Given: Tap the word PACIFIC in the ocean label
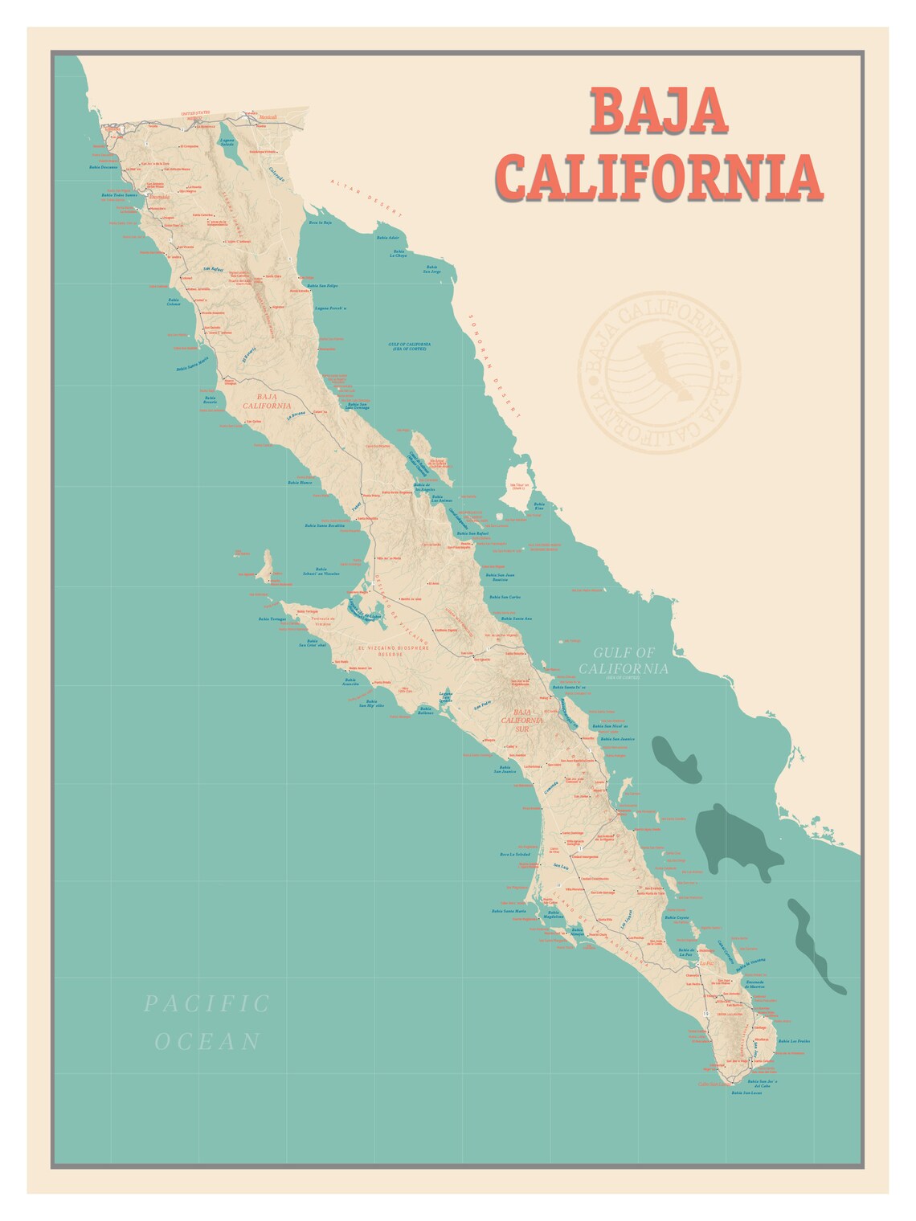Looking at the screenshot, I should click(207, 1003).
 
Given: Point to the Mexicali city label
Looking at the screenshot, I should click(268, 117).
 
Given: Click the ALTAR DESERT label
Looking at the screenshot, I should click(365, 198).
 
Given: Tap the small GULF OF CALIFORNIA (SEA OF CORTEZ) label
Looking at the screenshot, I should click(411, 346).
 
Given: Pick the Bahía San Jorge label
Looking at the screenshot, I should click(432, 269).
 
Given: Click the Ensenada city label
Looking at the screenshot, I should click(159, 196).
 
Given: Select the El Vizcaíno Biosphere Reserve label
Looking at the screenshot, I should click(392, 651).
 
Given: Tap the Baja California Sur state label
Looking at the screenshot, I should click(522, 720).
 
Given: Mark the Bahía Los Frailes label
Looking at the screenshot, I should click(794, 1041).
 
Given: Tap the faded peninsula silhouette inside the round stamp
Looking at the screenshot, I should click(659, 369).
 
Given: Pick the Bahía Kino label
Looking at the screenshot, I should click(539, 506).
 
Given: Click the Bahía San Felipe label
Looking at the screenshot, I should click(322, 285).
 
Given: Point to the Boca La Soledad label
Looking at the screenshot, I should click(515, 854).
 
